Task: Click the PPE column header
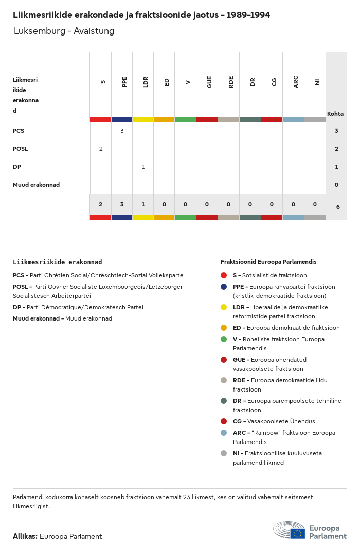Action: tap(124, 81)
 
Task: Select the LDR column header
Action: tap(146, 81)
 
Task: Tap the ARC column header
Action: tap(296, 81)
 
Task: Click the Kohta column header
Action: tap(335, 114)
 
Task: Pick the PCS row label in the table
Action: tap(19, 131)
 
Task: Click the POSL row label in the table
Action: tap(21, 149)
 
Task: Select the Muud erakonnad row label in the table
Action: tap(36, 185)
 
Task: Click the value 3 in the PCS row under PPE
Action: tap(122, 131)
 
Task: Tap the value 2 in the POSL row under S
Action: tap(101, 149)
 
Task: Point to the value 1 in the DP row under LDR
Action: tap(143, 167)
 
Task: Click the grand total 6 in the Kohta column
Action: tap(337, 207)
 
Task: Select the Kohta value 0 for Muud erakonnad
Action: tap(336, 185)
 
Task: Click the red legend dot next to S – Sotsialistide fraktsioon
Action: tap(224, 275)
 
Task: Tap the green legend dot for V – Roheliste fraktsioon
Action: tap(224, 339)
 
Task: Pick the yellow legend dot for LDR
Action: tap(224, 307)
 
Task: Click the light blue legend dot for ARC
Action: tap(224, 433)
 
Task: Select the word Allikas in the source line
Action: tap(25, 536)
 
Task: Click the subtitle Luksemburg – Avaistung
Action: tap(64, 31)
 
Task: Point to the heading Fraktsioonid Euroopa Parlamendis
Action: tap(268, 262)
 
